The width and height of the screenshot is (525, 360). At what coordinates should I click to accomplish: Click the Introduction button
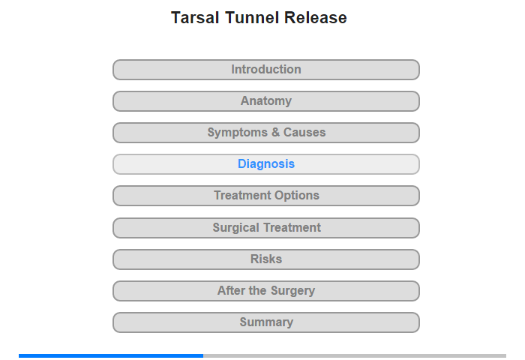pyautogui.click(x=266, y=70)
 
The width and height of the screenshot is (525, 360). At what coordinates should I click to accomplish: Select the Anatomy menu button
pyautogui.click(x=266, y=101)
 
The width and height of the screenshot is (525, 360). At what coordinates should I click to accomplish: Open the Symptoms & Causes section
pyautogui.click(x=266, y=133)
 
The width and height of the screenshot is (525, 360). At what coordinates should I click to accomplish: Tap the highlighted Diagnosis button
pyautogui.click(x=266, y=164)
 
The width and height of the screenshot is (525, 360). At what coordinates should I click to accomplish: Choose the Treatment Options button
pyautogui.click(x=266, y=196)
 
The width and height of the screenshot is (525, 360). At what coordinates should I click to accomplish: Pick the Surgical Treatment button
pyautogui.click(x=266, y=228)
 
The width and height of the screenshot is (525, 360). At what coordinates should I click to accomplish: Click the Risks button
pyautogui.click(x=266, y=259)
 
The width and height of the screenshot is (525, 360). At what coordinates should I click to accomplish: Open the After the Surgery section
pyautogui.click(x=266, y=291)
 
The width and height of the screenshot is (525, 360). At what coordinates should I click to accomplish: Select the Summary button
pyautogui.click(x=266, y=322)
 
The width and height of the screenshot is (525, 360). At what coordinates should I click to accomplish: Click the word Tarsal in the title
pyautogui.click(x=195, y=18)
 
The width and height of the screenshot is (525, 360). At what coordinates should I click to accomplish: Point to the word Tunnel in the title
pyautogui.click(x=252, y=18)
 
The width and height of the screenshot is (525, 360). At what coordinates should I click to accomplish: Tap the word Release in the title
pyautogui.click(x=316, y=18)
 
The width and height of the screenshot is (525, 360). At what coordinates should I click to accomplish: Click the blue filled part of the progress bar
pyautogui.click(x=111, y=355)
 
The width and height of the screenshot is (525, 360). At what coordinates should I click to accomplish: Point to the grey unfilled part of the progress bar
pyautogui.click(x=355, y=355)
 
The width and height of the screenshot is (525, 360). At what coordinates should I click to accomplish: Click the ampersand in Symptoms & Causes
pyautogui.click(x=275, y=132)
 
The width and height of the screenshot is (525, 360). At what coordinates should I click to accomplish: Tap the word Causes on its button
pyautogui.click(x=304, y=132)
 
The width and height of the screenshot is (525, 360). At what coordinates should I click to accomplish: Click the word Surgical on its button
pyautogui.click(x=236, y=228)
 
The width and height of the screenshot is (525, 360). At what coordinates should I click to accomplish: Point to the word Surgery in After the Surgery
pyautogui.click(x=292, y=291)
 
